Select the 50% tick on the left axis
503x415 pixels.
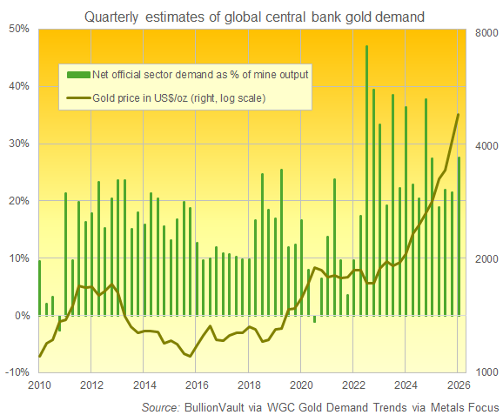click(19, 29)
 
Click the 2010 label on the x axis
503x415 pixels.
click(38, 385)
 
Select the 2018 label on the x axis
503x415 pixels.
click(249, 385)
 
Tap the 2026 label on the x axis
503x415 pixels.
click(459, 385)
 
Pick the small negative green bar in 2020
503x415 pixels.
click(314, 318)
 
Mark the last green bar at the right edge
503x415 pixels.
click(459, 236)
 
